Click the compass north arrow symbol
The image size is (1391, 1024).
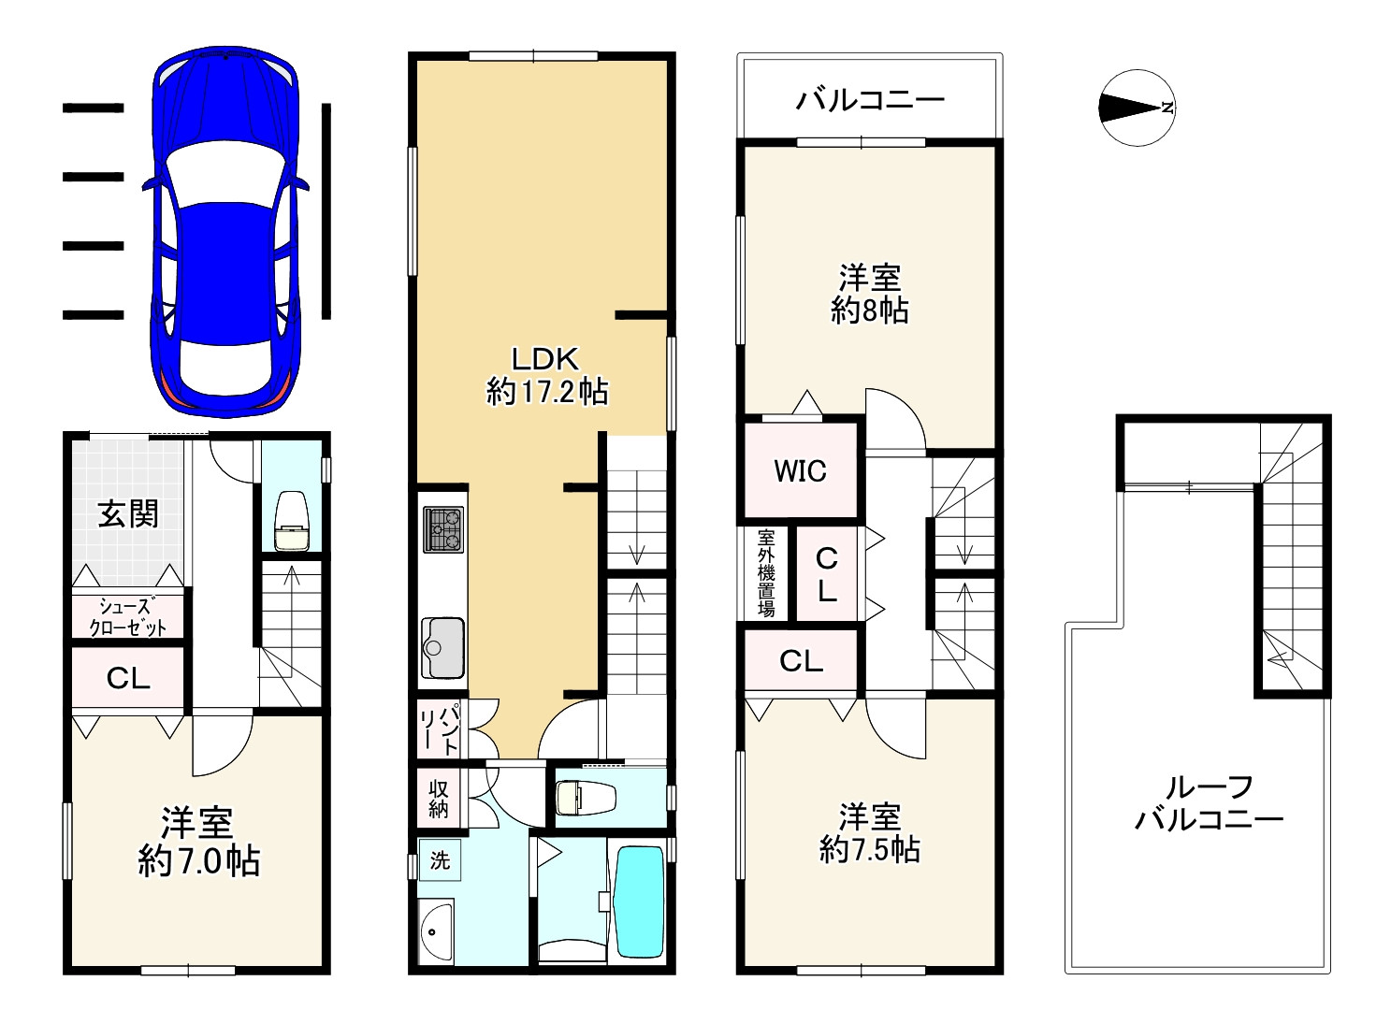(1137, 108)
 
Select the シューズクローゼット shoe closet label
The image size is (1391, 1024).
(128, 617)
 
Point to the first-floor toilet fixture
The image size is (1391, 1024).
(292, 520)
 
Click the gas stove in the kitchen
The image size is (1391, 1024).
(443, 529)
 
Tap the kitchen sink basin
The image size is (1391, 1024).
(442, 648)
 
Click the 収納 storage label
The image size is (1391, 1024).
(439, 799)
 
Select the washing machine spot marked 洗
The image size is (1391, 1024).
(440, 860)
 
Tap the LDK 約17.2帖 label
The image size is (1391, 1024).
(546, 375)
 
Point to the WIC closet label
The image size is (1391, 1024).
(800, 471)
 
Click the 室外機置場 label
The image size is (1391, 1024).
(766, 573)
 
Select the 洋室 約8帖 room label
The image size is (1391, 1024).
(869, 294)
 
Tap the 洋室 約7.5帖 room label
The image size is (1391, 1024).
(869, 832)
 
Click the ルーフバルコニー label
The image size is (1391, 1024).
(1209, 803)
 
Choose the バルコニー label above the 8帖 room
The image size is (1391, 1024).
(869, 99)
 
